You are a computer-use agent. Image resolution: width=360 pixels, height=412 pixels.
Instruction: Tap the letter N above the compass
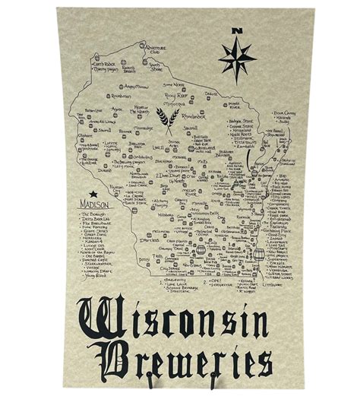[x=237, y=31]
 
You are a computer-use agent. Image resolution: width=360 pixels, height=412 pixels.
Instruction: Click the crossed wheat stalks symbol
[x=167, y=119]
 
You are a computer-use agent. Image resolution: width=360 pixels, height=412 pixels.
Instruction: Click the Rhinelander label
[x=194, y=117]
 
